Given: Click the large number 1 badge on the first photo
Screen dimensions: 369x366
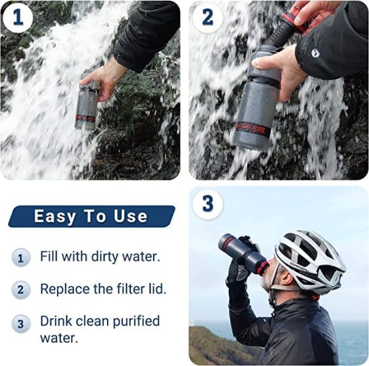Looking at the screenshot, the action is [x=18, y=18].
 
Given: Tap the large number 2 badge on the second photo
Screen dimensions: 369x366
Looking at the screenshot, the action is [x=207, y=18].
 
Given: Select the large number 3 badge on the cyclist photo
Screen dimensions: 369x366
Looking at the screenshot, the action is [x=207, y=204].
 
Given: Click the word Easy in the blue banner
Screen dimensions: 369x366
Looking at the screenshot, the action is [x=55, y=216].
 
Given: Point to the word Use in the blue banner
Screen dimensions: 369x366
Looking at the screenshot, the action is [x=130, y=216].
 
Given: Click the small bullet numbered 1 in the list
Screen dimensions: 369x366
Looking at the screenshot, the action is [x=21, y=258].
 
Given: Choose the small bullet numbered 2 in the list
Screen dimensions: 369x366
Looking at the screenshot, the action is [x=21, y=289].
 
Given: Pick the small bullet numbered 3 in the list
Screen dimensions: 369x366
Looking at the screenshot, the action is [x=21, y=324].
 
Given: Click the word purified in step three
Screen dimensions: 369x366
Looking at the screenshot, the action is [x=137, y=321].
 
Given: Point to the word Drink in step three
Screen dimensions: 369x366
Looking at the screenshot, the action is [x=56, y=321].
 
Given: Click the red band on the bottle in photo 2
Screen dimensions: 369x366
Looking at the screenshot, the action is [x=251, y=129].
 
